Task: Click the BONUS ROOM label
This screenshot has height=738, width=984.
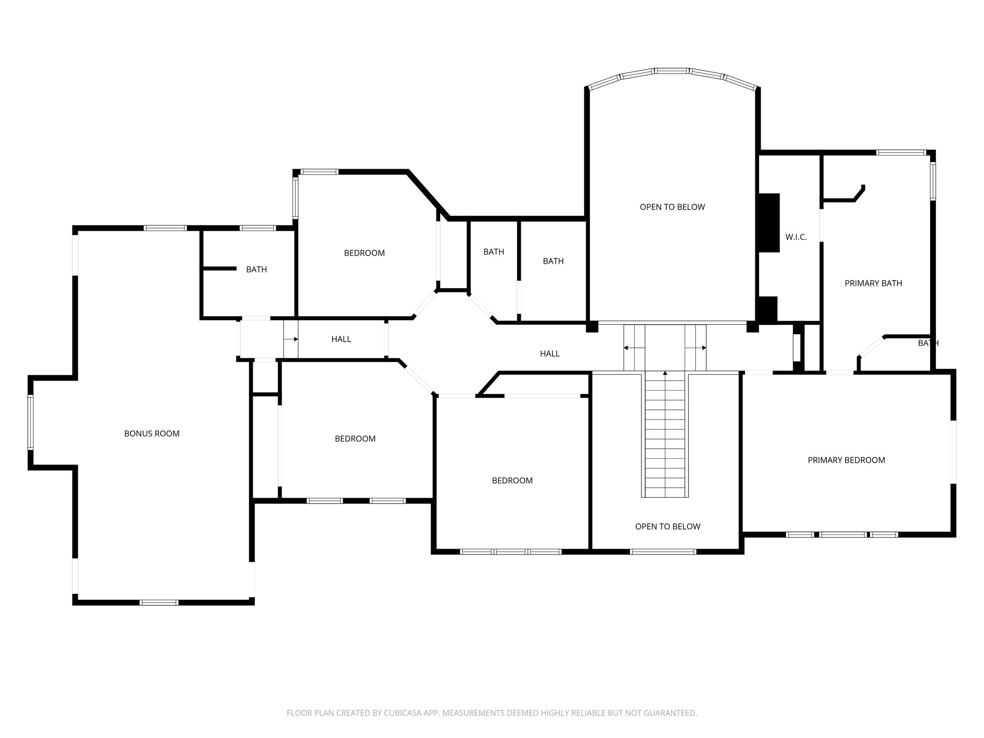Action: [x=152, y=433]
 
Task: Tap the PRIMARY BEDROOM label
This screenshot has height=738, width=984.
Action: [x=846, y=460]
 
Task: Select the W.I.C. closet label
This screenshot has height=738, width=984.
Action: [x=796, y=237]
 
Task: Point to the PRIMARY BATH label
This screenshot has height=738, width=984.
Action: [x=873, y=283]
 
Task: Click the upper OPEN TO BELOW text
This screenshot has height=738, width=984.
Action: [x=672, y=207]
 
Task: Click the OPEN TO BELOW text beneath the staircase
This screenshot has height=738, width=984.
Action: [x=667, y=526]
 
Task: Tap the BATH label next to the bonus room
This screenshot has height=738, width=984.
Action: [x=257, y=270]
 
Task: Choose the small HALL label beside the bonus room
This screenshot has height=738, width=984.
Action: [x=341, y=339]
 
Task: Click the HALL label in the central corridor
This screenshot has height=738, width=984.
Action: [x=550, y=354]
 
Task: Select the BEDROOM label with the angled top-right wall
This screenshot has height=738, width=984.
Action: [x=364, y=253]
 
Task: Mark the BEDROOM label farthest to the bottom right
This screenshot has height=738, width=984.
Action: [x=512, y=480]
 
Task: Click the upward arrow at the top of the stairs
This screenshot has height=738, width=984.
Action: [x=665, y=373]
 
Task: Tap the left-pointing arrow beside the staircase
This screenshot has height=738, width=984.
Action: [x=627, y=348]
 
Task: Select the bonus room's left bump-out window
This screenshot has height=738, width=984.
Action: [x=30, y=422]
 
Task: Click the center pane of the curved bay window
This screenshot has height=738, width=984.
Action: [x=672, y=71]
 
